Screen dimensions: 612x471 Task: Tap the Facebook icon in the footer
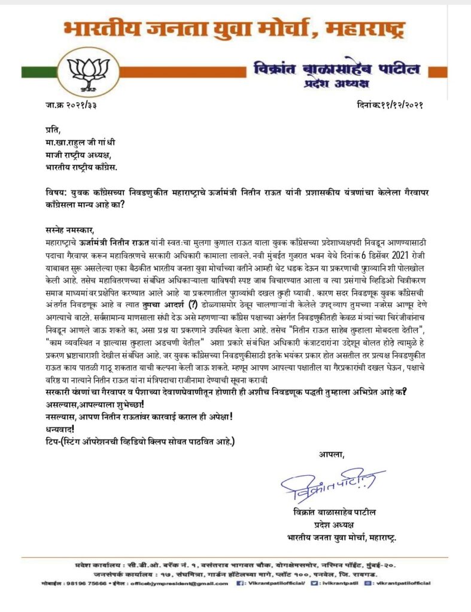(x=242, y=583)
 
